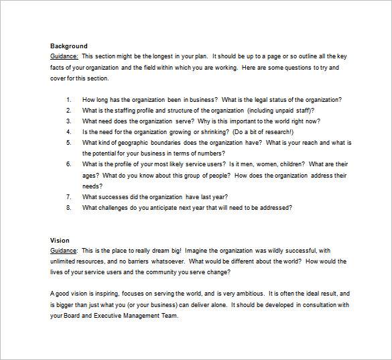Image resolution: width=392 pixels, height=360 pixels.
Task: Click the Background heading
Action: pos(68,46)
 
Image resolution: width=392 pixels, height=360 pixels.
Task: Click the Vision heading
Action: pos(60,240)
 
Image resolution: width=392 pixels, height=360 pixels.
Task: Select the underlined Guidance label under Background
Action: pos(64,57)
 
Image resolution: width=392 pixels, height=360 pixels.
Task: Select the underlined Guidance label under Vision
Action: pos(64,251)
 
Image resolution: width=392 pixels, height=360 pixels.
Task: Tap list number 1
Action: pos(68,100)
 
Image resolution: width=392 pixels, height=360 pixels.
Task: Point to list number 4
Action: pos(68,132)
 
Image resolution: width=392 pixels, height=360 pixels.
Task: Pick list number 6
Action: pos(68,164)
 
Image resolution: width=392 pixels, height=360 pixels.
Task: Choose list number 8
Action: pos(68,207)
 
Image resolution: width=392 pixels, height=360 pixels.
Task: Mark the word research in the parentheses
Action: pos(269,132)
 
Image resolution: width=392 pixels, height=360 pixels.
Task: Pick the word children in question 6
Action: pos(289,164)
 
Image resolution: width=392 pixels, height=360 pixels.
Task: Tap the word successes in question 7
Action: pos(113,196)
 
